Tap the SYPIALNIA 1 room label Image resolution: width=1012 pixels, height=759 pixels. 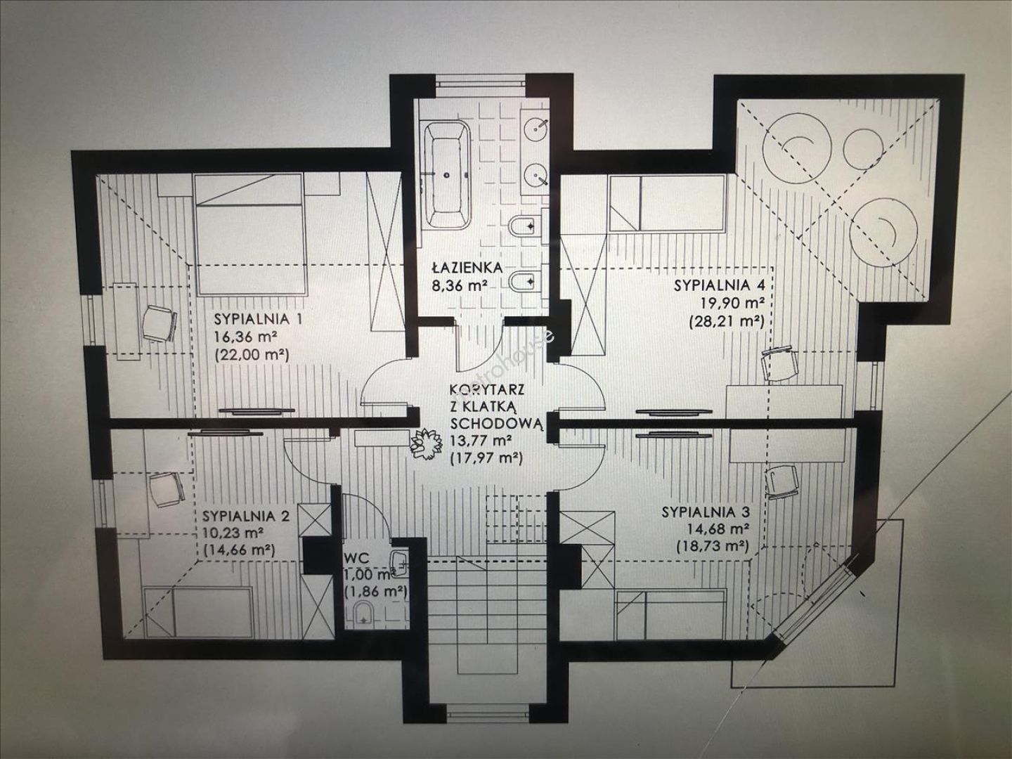(258, 319)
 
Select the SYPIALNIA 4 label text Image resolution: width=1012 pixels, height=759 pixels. (719, 285)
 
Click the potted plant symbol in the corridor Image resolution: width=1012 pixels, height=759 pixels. (424, 443)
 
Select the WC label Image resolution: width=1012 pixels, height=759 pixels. (356, 559)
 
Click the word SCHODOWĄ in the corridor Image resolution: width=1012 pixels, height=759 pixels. (498, 424)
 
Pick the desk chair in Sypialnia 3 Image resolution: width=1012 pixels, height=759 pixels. (782, 481)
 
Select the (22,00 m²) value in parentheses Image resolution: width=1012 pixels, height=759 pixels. (252, 354)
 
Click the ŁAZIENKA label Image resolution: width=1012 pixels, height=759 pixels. (467, 267)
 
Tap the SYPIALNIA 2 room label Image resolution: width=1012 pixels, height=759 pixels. (246, 514)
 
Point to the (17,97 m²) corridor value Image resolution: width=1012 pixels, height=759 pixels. (486, 459)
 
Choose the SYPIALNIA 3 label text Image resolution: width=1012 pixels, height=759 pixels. (706, 512)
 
